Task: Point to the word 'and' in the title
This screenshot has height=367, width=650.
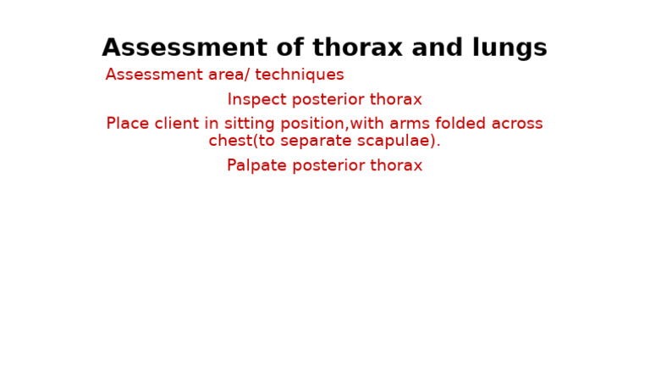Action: point(431,48)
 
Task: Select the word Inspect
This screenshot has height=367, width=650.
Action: point(256,100)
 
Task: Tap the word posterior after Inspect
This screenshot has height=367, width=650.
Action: point(329,100)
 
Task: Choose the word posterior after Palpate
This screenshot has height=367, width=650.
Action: point(329,166)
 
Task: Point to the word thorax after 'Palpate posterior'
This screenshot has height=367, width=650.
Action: point(397,166)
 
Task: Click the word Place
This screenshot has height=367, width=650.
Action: point(127,124)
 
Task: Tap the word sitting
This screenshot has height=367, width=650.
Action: point(253,124)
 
